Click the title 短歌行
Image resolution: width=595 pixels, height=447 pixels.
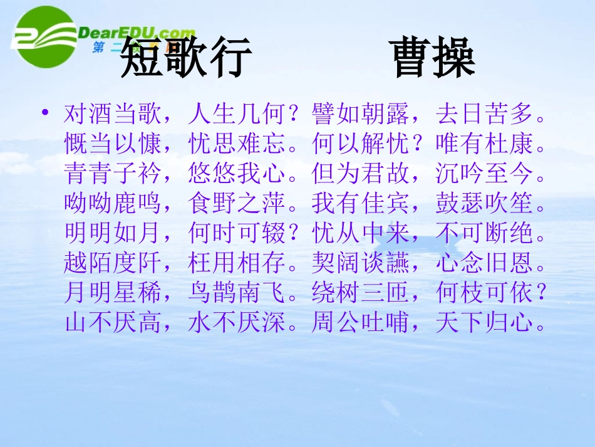click(186, 58)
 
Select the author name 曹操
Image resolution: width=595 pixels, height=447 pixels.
click(434, 58)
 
